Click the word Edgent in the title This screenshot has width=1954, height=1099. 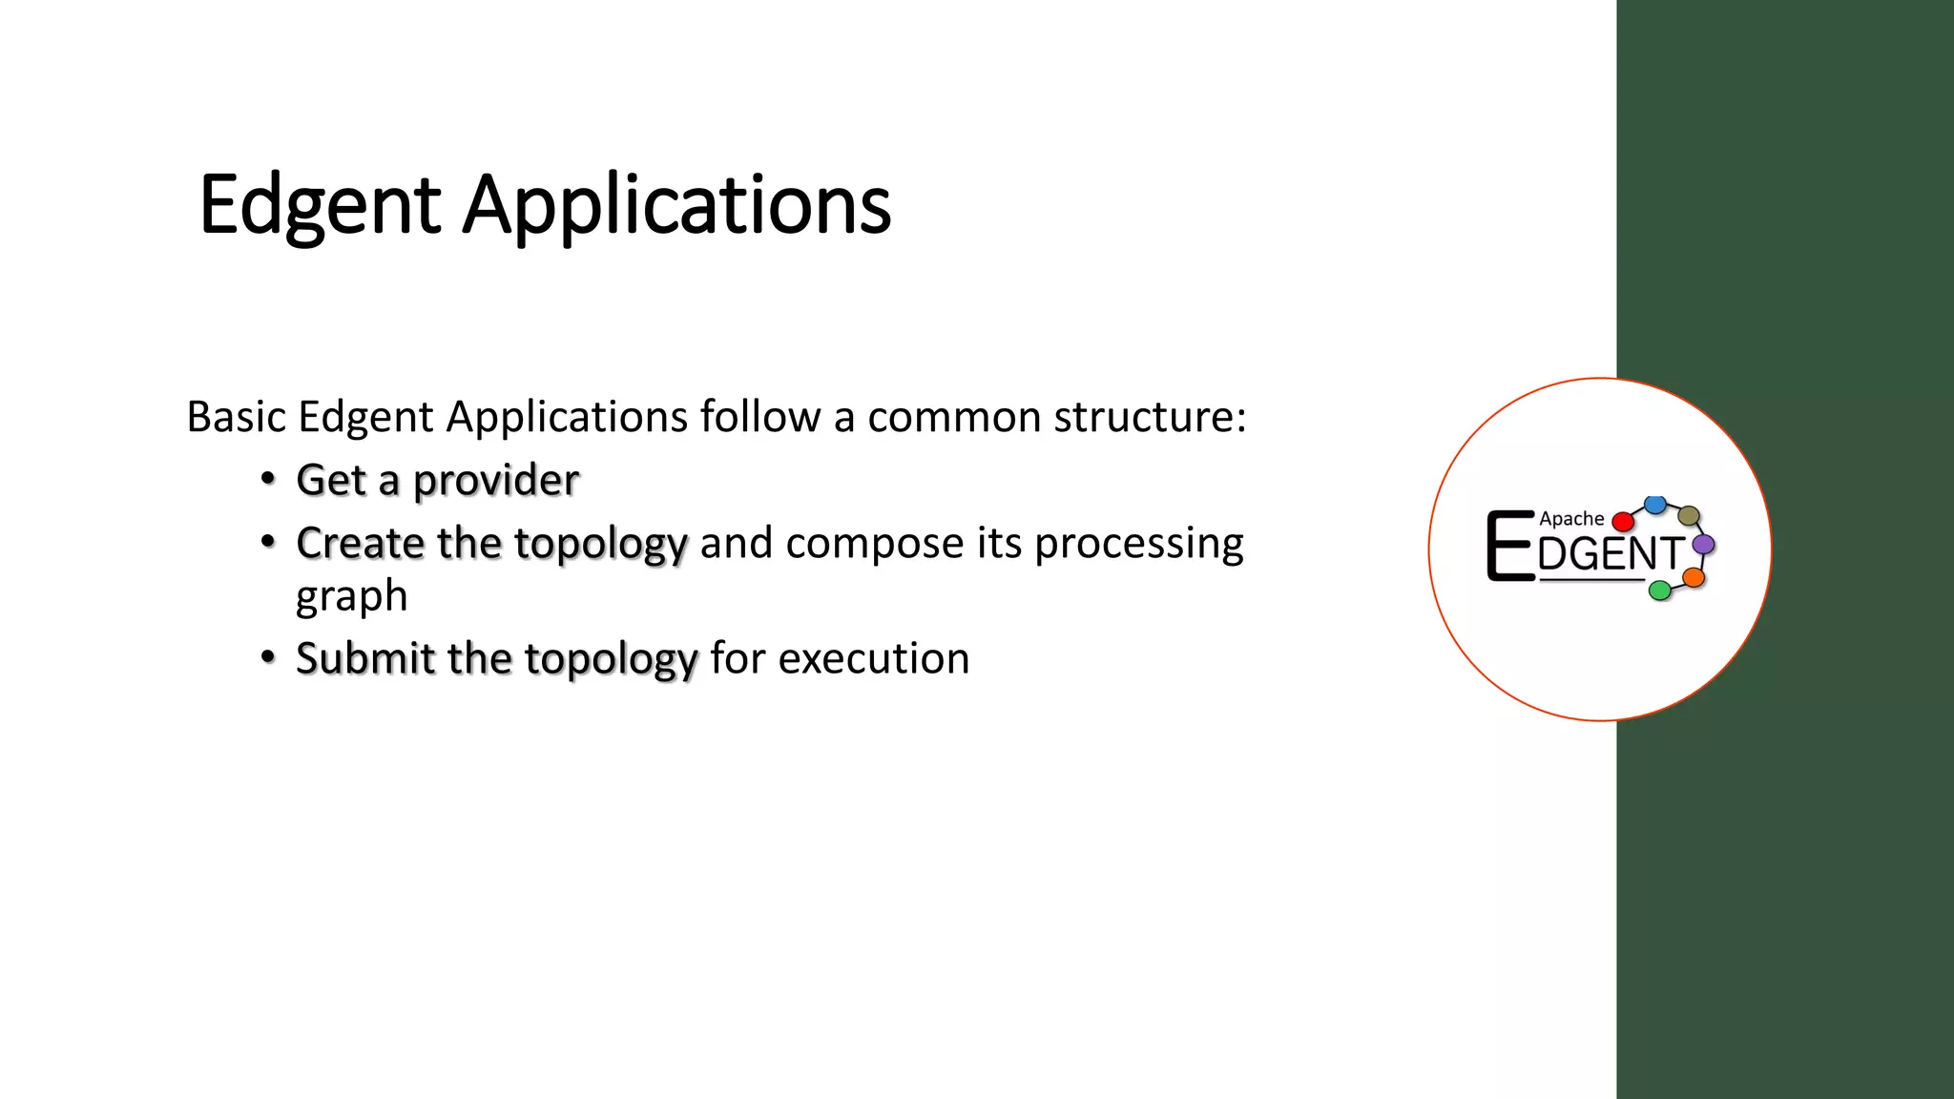pyautogui.click(x=320, y=205)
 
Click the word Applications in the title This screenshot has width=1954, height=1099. pyautogui.click(x=676, y=205)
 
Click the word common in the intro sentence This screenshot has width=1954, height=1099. pyautogui.click(x=953, y=417)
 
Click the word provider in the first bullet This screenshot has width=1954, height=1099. pyautogui.click(x=495, y=480)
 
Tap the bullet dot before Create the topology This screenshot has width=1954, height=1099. pyautogui.click(x=269, y=542)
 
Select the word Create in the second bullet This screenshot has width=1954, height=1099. pyautogui.click(x=360, y=543)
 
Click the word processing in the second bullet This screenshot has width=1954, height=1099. pyautogui.click(x=1138, y=543)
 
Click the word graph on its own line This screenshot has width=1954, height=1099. pyautogui.click(x=351, y=596)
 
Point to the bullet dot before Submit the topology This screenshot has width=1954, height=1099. pyautogui.click(x=269, y=657)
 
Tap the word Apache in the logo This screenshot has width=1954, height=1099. pyautogui.click(x=1570, y=519)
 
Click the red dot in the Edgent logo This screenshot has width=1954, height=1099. pyautogui.click(x=1622, y=522)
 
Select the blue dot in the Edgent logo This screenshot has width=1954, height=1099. pyautogui.click(x=1655, y=504)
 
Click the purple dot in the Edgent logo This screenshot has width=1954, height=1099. pyautogui.click(x=1703, y=545)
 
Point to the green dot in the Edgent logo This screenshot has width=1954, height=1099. pyautogui.click(x=1660, y=591)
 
